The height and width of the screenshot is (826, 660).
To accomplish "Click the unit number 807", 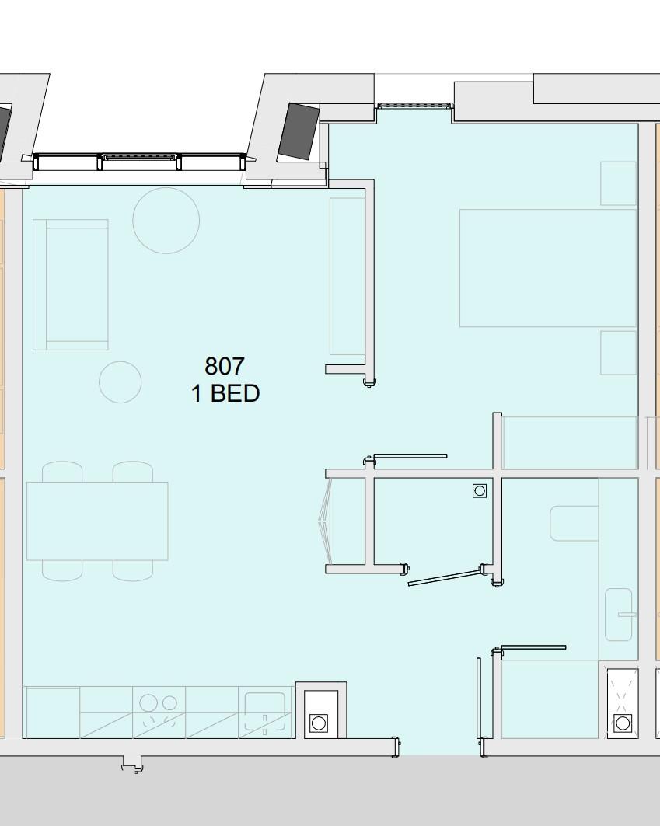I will [x=225, y=366].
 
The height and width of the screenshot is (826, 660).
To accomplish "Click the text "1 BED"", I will [x=225, y=394].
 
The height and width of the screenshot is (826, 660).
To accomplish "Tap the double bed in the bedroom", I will [x=547, y=267].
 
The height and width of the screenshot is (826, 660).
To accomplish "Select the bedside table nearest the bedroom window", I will [x=618, y=183].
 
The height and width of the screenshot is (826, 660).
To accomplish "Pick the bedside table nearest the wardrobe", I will [x=618, y=352].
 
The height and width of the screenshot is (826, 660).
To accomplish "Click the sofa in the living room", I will [x=71, y=284].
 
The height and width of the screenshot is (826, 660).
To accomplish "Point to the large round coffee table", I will [x=166, y=220].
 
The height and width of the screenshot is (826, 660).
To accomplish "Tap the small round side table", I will [x=120, y=382].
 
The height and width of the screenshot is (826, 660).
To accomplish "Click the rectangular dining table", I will [x=97, y=521].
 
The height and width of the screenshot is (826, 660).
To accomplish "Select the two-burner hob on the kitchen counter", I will [x=159, y=712].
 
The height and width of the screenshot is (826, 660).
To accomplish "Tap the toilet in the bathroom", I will [x=574, y=523].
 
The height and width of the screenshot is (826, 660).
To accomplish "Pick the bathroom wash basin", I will [x=619, y=615].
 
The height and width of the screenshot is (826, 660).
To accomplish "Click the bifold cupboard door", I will [x=327, y=521].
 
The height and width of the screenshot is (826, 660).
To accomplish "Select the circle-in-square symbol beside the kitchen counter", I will [x=319, y=723].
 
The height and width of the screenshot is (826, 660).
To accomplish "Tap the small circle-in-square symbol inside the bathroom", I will [x=480, y=490].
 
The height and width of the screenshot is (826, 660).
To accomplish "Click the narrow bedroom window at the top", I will [x=414, y=105].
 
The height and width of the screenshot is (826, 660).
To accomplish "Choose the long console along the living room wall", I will [x=347, y=276].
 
